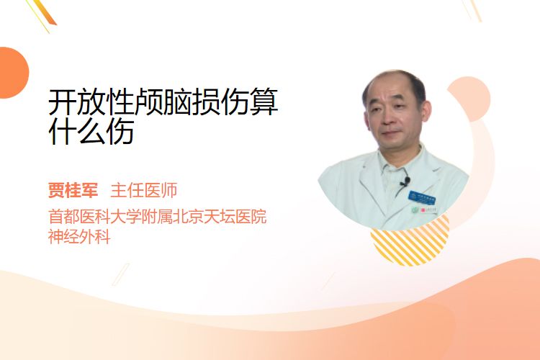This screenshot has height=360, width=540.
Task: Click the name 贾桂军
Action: click(x=73, y=190)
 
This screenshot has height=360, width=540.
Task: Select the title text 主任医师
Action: click(x=143, y=190)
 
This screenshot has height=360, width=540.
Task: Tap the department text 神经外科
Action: click(x=79, y=237)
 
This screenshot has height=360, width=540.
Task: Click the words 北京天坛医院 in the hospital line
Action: click(x=220, y=217)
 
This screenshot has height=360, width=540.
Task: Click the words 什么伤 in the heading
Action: click(x=91, y=132)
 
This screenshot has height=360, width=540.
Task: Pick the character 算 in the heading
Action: click(x=263, y=102)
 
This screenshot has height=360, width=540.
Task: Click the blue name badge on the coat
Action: click(x=421, y=197)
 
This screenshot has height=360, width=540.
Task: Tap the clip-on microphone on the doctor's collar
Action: click(x=406, y=181)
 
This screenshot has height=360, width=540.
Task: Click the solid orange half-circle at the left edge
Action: click(x=13, y=73)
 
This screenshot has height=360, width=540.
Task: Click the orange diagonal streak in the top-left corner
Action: click(x=47, y=13)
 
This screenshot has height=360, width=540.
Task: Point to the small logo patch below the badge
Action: click(x=424, y=210)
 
